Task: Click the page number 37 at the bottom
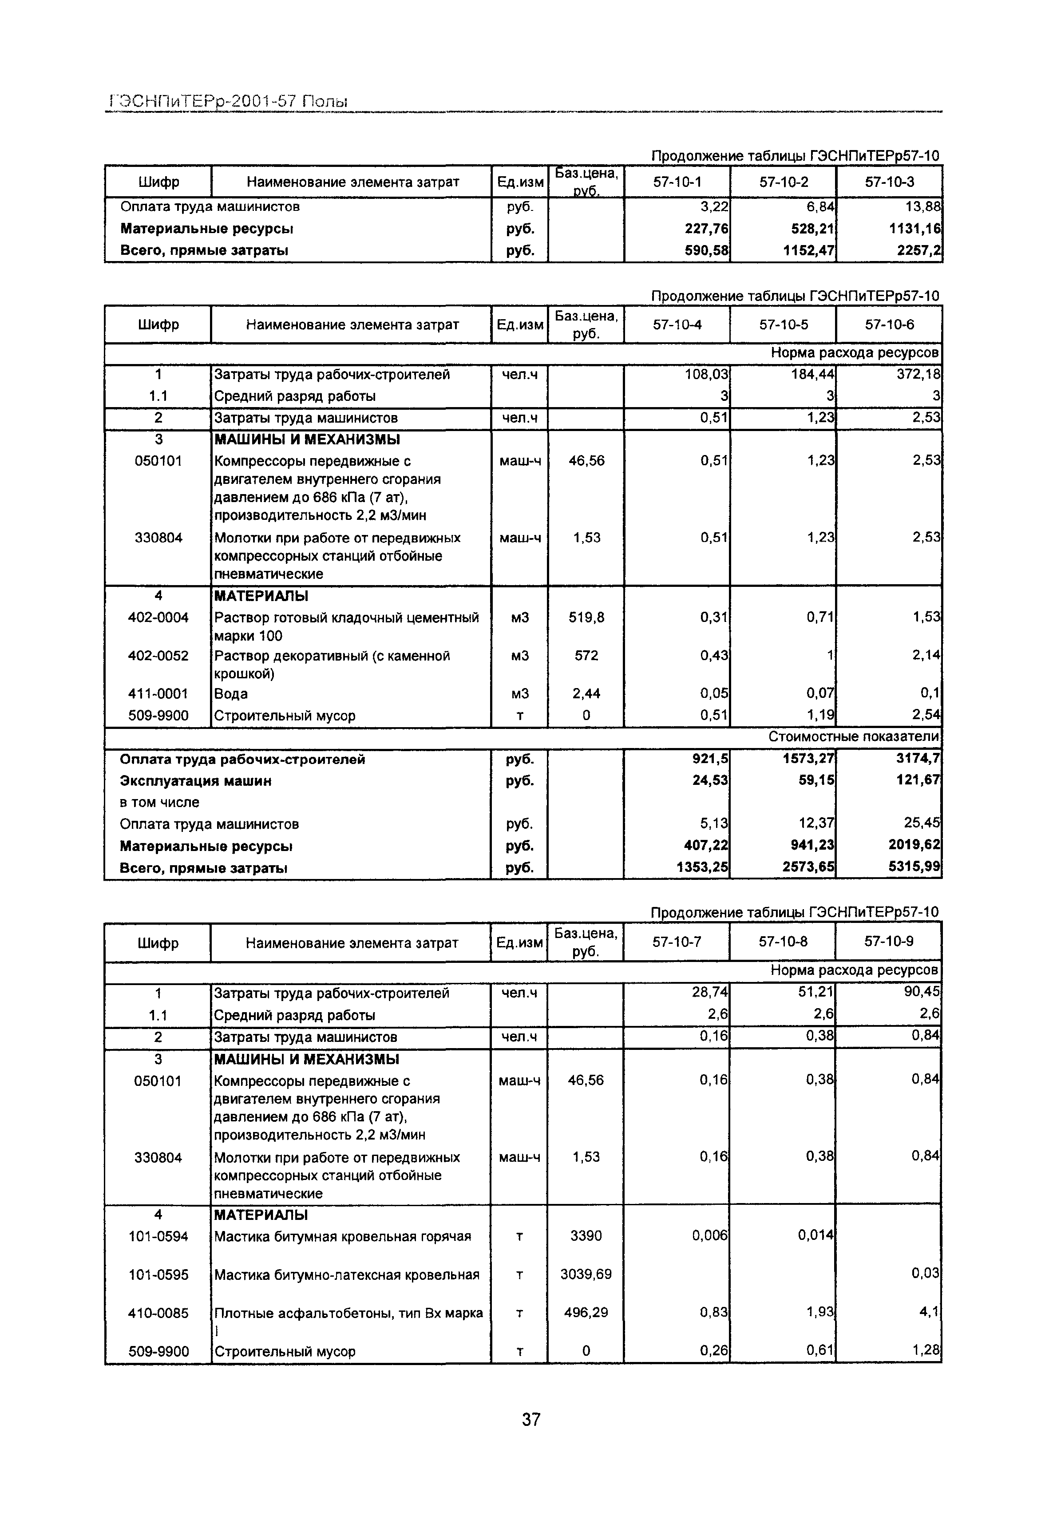531,1420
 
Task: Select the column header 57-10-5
784,325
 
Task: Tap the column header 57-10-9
889,942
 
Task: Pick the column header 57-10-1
677,182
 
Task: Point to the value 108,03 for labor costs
707,375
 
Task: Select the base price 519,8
586,618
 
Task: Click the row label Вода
231,694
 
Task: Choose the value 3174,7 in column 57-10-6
918,759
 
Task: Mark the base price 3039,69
586,1274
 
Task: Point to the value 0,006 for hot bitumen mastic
710,1236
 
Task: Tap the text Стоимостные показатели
854,737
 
